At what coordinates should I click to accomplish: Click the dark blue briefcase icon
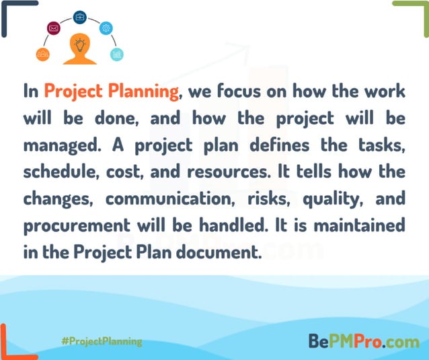coord(79,17)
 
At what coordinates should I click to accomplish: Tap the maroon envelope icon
coord(54,28)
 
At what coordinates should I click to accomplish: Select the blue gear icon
coord(106,28)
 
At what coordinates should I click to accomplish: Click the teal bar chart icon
coord(117,54)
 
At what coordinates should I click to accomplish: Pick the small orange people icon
coord(42,54)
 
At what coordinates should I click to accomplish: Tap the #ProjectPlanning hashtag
coord(101,341)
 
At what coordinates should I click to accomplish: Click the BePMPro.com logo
coord(364,341)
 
